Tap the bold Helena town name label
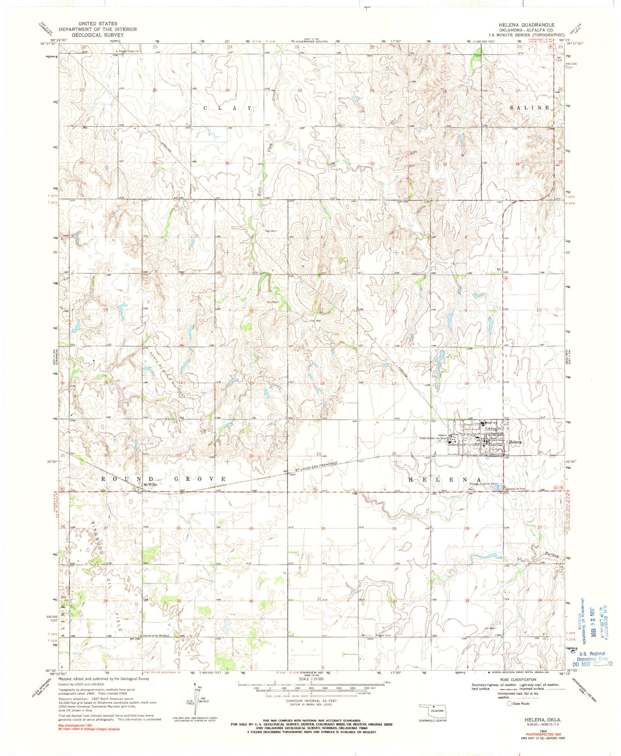click(x=516, y=442)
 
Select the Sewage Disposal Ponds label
click(x=483, y=484)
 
